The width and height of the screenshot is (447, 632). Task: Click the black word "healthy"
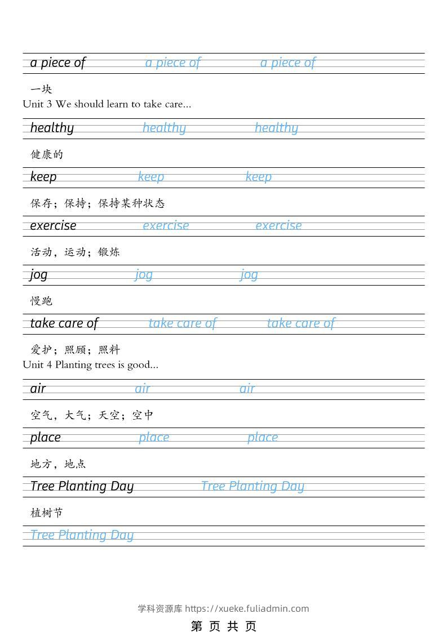(x=52, y=128)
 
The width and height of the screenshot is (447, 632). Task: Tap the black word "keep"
(x=43, y=177)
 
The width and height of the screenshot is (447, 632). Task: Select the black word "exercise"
(x=53, y=225)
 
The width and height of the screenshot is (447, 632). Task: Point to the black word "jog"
(x=39, y=274)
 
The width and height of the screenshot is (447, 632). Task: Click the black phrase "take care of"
(x=64, y=323)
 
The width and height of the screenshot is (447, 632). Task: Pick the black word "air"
(x=38, y=389)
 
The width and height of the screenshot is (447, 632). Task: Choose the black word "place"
(x=45, y=437)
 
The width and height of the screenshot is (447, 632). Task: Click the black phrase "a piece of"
(x=57, y=63)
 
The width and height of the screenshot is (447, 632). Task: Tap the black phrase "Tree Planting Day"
(x=82, y=486)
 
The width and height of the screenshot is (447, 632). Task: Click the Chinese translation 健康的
(x=47, y=154)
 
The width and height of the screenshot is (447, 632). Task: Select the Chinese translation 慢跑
(x=41, y=301)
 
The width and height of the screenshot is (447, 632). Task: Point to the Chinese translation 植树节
(x=47, y=513)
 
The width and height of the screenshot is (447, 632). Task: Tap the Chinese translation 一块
(x=41, y=89)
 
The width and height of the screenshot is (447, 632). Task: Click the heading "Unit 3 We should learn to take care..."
(x=107, y=104)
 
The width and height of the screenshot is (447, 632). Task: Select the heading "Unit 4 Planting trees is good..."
(x=91, y=364)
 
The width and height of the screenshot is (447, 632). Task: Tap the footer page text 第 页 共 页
(x=224, y=626)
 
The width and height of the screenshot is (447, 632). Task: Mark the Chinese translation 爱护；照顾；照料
(x=75, y=350)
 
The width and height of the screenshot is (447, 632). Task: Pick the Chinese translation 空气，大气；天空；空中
(x=92, y=415)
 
